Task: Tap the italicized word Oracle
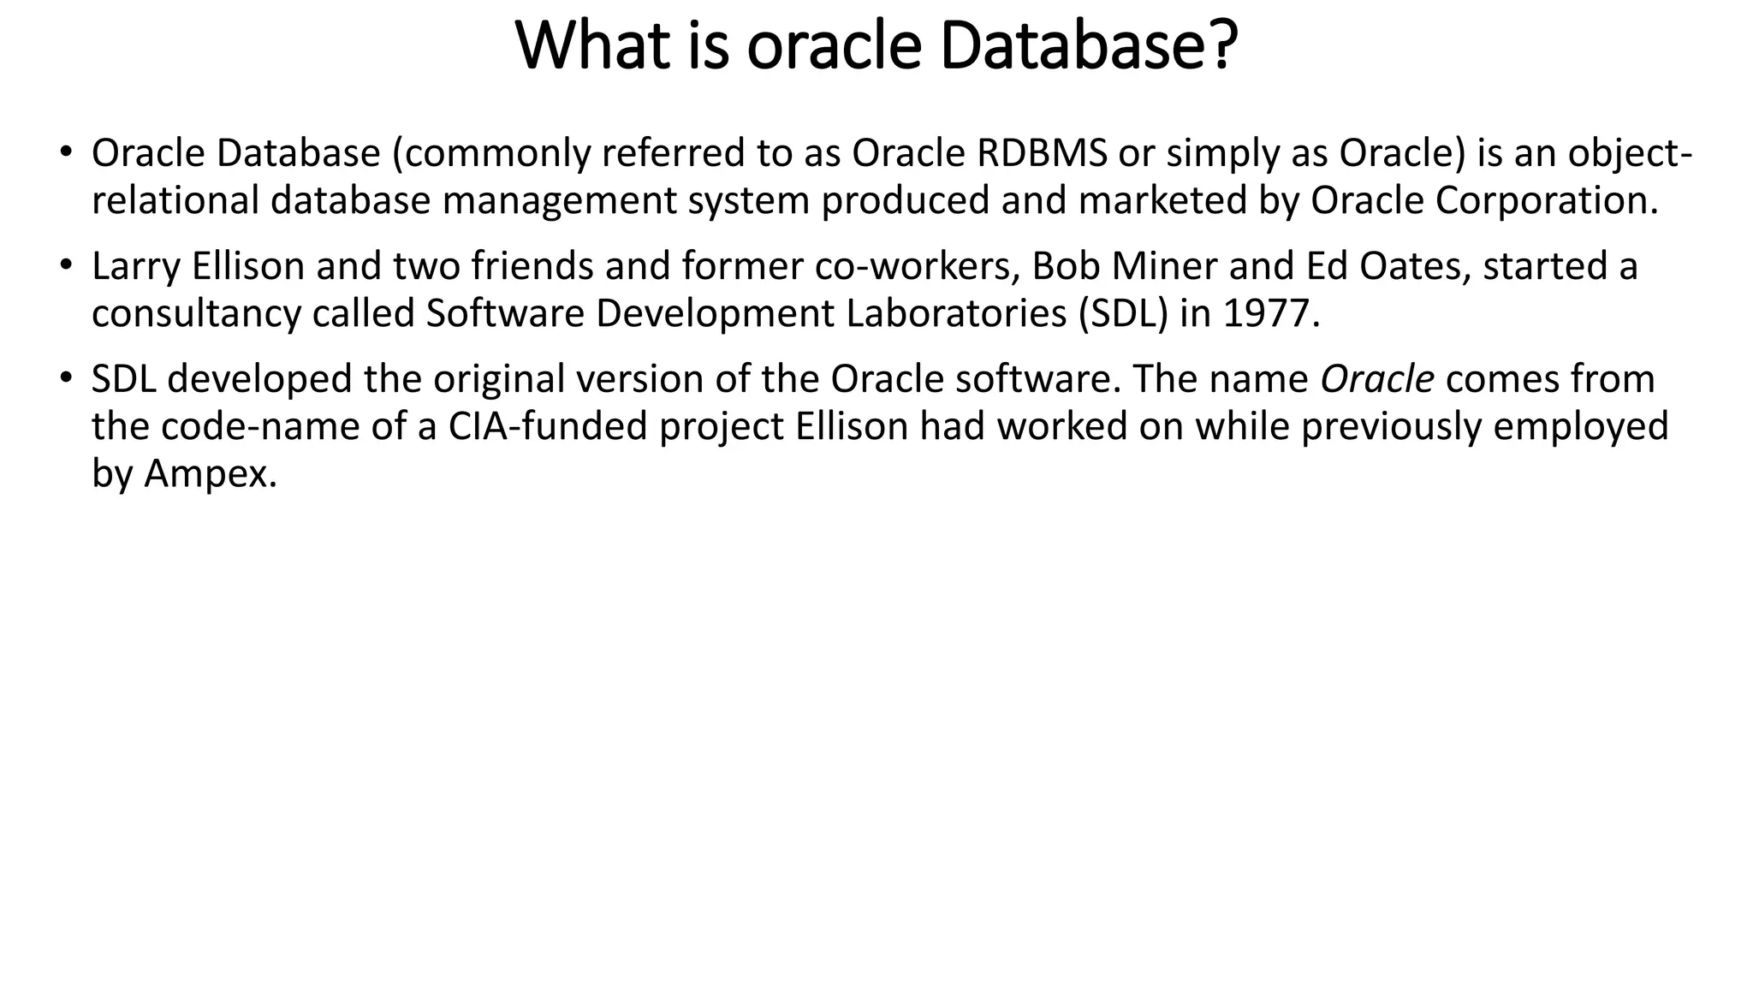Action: point(1376,379)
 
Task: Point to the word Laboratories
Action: point(956,314)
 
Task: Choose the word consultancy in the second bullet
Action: point(196,314)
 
